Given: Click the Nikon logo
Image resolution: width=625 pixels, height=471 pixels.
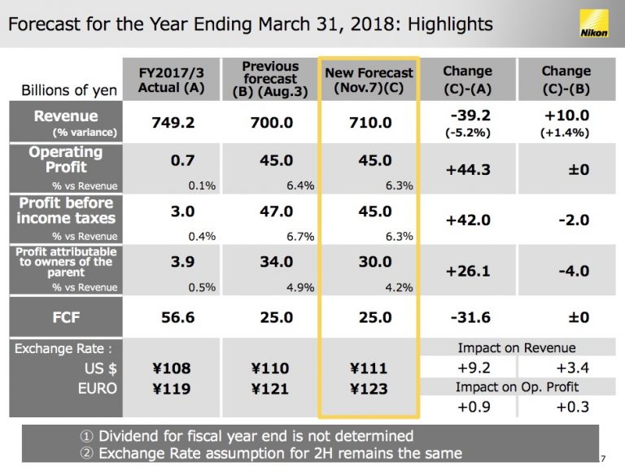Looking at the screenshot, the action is coord(594,24).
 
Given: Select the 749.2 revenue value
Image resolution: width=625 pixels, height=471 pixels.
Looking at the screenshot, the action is coord(173,122).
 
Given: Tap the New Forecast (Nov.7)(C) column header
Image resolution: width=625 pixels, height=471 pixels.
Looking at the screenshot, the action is coord(369,80).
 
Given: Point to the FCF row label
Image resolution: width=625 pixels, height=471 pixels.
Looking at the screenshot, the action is coord(66,317).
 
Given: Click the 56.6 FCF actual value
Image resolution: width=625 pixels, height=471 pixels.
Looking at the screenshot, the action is coord(177,317).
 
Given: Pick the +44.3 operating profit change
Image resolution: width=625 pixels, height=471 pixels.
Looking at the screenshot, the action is coord(468,170).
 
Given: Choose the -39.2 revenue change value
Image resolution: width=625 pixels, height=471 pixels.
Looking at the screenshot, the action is coord(470,116).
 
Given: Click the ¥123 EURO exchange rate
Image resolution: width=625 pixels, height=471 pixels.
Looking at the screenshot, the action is coord(369,389).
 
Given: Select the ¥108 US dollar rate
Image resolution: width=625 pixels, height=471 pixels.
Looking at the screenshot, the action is coord(172,369).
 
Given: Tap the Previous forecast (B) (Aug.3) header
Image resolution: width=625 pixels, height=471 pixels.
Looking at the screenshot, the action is coord(270,79).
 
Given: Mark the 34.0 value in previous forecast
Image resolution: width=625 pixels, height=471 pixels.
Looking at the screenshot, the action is coord(276,262).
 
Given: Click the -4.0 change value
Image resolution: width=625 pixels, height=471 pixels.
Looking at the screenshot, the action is coord(574,272).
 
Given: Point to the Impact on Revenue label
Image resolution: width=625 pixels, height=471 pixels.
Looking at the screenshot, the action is coord(517,348).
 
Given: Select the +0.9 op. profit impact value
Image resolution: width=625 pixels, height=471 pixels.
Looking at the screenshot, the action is coord(474,407).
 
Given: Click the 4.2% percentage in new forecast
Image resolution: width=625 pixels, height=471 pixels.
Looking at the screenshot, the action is coord(399,287).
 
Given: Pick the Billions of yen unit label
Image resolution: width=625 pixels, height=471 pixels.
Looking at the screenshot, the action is coord(69,90).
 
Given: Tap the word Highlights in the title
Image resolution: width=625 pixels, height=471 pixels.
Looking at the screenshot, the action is coord(450,24).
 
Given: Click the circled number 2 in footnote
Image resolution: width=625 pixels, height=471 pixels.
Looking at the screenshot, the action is coord(86,453).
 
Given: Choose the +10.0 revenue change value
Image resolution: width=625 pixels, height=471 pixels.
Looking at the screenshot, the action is coord(566,116).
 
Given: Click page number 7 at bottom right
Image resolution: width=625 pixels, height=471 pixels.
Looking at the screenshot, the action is coord(603,459).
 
